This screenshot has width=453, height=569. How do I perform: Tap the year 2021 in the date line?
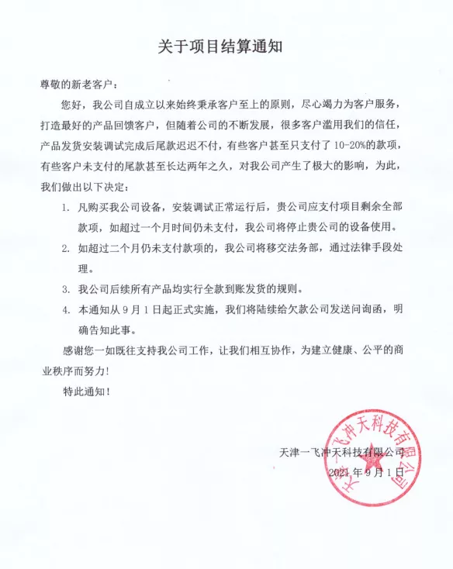340,471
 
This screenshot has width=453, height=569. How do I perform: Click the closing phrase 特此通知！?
87,392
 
